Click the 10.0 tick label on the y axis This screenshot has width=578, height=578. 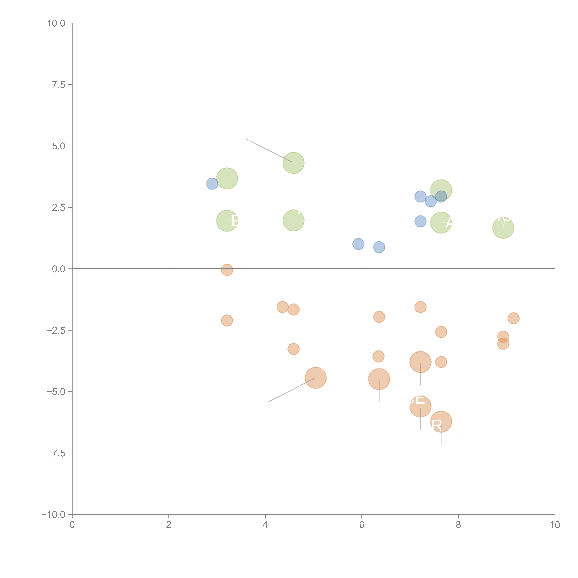[x=56, y=23]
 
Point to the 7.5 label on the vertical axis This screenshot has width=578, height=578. [x=59, y=85]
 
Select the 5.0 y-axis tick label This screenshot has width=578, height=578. [x=59, y=146]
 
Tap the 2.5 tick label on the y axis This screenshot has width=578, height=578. [x=59, y=208]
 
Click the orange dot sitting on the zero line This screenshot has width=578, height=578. [x=227, y=270]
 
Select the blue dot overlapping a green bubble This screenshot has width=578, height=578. [x=441, y=197]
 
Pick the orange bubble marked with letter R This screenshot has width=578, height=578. [x=441, y=421]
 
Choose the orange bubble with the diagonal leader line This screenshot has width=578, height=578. [x=316, y=378]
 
